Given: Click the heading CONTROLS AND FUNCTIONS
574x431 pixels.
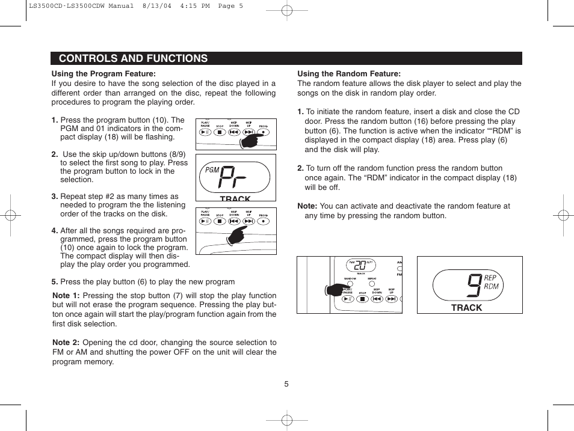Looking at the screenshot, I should pos(133,58).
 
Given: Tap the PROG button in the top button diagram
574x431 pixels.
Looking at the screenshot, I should pos(264,133).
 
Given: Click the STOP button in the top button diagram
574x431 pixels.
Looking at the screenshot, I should pos(220,133).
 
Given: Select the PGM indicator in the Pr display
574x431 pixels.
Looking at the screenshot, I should pos(212,170).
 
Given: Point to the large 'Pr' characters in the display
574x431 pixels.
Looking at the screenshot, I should pos(236,177).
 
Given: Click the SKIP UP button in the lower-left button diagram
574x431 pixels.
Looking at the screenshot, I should pos(248,221).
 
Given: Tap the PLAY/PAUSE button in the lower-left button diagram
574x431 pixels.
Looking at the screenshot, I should pos(205,221).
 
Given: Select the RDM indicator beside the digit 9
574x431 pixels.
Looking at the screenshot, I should pos(491,287).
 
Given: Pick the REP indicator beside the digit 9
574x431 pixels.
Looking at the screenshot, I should pos(490,278).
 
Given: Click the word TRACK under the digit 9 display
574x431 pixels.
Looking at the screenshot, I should pos(466,308).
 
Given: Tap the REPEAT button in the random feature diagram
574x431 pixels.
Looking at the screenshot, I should pos(372,282).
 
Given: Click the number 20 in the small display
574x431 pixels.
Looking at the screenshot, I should pos(360,265).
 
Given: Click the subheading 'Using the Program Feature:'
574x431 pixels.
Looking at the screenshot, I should pos(103,75).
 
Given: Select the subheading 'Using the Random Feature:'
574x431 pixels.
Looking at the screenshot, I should pos(349,75).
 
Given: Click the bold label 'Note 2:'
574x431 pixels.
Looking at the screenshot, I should pos(66,343).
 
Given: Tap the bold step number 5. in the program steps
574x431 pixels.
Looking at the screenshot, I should pos(55,281).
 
